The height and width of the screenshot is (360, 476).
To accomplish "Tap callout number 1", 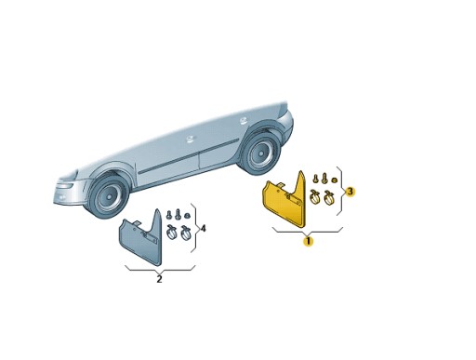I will click(309, 241).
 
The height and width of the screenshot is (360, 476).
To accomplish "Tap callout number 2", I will click(159, 278).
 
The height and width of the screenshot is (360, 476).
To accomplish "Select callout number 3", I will click(350, 191).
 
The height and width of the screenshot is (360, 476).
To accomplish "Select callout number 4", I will click(203, 228).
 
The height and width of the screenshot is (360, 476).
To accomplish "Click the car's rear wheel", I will click(260, 150).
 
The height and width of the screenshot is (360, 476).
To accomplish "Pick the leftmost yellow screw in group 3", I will click(314, 180).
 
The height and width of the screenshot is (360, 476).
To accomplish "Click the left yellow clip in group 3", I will click(315, 197).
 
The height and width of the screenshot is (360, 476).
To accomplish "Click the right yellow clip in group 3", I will click(330, 197).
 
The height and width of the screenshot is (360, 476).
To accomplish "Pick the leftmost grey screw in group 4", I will click(168, 216).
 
